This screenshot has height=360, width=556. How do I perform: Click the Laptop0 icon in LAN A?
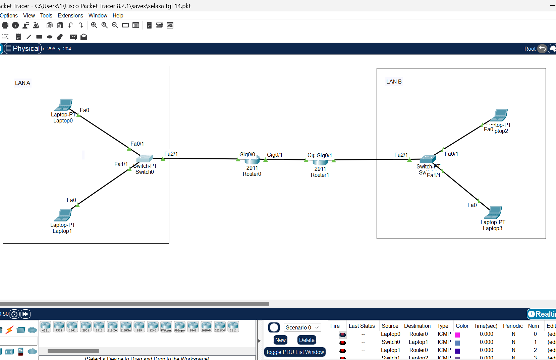tap(64, 105)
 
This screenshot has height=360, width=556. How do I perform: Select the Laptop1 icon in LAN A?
tap(63, 215)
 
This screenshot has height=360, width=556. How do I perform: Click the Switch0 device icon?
tap(145, 158)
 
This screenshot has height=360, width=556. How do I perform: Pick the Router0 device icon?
tap(252, 160)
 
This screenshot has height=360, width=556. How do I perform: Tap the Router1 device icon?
tap(320, 162)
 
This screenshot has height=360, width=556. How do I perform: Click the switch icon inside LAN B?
tap(428, 159)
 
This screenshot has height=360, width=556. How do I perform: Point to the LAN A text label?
tap(22, 83)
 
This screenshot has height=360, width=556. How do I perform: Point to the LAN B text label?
tap(394, 82)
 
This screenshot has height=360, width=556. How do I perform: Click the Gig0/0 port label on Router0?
tap(247, 154)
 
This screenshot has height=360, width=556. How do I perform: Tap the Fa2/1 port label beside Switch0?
tap(171, 154)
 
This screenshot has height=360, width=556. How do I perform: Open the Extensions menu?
tap(70, 15)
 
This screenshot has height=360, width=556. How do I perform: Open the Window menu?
tap(98, 15)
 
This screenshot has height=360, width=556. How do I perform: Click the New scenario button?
tap(280, 340)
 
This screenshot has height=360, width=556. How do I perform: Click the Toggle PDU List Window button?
tap(295, 352)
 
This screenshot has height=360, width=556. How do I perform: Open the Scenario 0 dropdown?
tap(302, 327)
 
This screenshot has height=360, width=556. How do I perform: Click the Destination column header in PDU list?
tap(417, 326)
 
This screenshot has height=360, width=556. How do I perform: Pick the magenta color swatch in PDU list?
tap(457, 335)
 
